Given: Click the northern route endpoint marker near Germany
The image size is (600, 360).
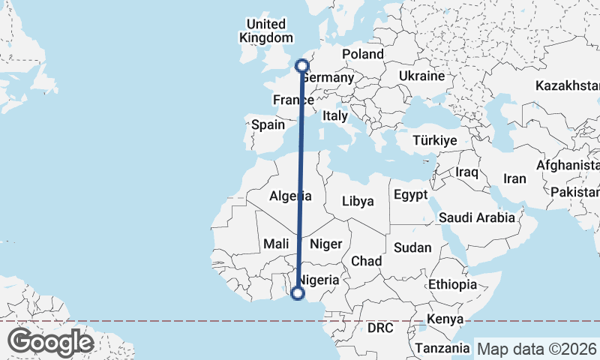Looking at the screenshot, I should [x=302, y=65].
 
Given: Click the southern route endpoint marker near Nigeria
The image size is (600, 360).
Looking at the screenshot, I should [x=298, y=294].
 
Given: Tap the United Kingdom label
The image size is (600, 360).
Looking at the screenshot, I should [x=266, y=31].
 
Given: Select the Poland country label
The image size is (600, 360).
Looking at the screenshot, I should [x=363, y=54].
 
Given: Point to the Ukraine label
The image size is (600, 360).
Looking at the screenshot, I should [x=421, y=76].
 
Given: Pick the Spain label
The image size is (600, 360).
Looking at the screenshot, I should [x=268, y=125].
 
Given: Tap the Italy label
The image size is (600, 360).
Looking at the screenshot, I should [x=334, y=116].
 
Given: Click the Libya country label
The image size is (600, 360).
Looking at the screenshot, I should [x=357, y=201].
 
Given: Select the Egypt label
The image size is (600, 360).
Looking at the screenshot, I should [x=410, y=195].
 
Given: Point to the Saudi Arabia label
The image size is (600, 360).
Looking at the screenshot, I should [x=478, y=217].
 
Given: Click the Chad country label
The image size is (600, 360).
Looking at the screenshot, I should [x=367, y=261].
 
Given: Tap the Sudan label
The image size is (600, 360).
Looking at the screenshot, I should [x=412, y=247].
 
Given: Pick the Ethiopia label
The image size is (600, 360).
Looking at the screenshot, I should [x=452, y=285].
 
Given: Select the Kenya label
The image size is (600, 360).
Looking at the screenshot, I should [x=445, y=319].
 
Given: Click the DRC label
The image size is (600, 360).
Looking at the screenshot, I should [x=380, y=328].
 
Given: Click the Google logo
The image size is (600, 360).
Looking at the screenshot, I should [x=50, y=342].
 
